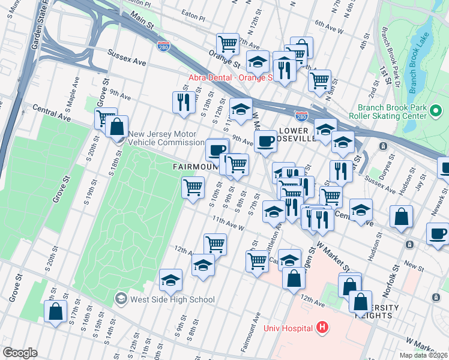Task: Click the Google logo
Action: [20, 353]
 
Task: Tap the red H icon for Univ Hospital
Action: [322, 328]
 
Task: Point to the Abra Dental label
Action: [231, 77]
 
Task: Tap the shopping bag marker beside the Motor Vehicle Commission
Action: [116, 127]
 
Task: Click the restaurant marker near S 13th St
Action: [184, 101]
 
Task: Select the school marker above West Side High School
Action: [170, 279]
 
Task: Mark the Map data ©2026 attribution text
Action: [423, 355]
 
